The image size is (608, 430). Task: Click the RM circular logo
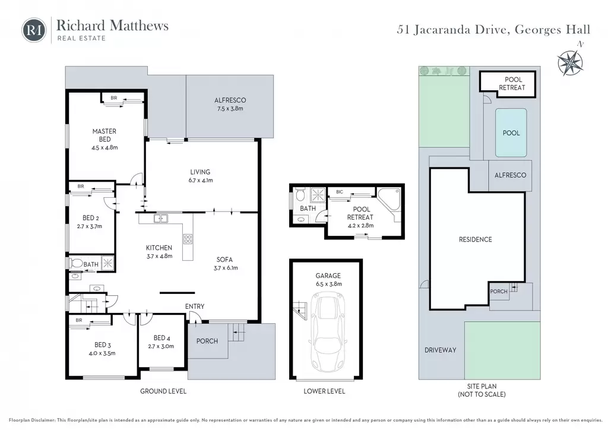click(x=34, y=30)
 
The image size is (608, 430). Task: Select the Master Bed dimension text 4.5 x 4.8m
click(x=104, y=147)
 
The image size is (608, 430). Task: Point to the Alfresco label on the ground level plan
click(x=230, y=100)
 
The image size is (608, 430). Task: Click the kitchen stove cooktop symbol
click(x=188, y=239)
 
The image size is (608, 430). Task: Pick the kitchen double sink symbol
click(x=160, y=219)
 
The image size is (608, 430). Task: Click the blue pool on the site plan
click(x=511, y=132)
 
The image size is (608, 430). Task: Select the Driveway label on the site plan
click(x=440, y=350)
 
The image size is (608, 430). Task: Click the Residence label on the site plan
click(x=475, y=239)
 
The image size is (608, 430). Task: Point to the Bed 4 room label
click(x=161, y=338)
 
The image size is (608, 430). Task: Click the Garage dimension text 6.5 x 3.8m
click(x=328, y=284)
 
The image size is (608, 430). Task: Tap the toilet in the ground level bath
click(x=77, y=263)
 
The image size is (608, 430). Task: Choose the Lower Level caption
click(x=324, y=391)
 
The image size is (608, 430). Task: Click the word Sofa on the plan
click(x=224, y=260)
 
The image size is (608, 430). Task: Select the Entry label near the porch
click(x=195, y=306)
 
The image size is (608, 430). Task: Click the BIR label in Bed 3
click(x=79, y=320)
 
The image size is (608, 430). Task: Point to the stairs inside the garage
click(x=300, y=310)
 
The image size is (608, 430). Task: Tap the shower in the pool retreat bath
click(x=318, y=195)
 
